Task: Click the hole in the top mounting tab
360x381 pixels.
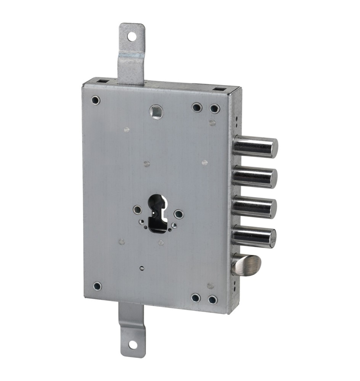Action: [132, 37]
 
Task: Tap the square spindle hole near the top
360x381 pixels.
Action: [156, 112]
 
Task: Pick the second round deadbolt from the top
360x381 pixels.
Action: [254, 176]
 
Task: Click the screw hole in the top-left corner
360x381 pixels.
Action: [95, 100]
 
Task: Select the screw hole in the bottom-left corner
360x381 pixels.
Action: [97, 286]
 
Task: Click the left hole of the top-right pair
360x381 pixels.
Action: [197, 107]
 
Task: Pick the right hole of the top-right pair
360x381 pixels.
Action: [215, 109]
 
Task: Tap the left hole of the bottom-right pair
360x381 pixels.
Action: [196, 298]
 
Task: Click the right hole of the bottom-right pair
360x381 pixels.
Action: [213, 299]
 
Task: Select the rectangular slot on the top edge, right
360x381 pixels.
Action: [218, 90]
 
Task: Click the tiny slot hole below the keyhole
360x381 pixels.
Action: [142, 268]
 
